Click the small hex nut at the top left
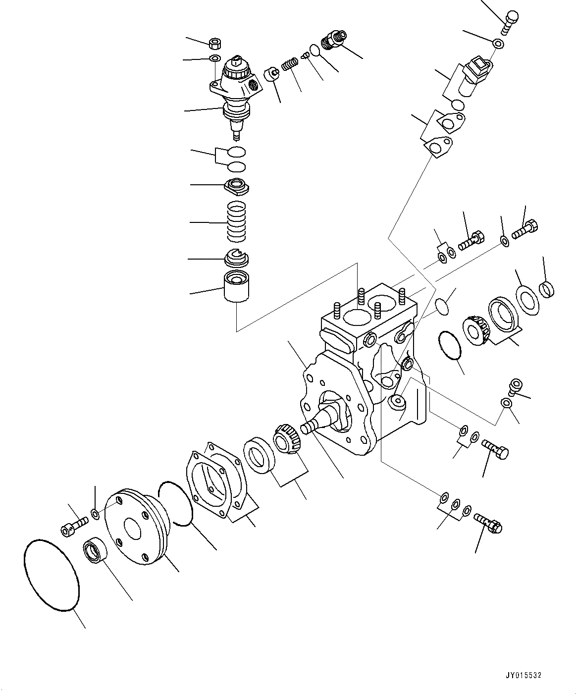216,44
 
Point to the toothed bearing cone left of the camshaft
287,437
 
